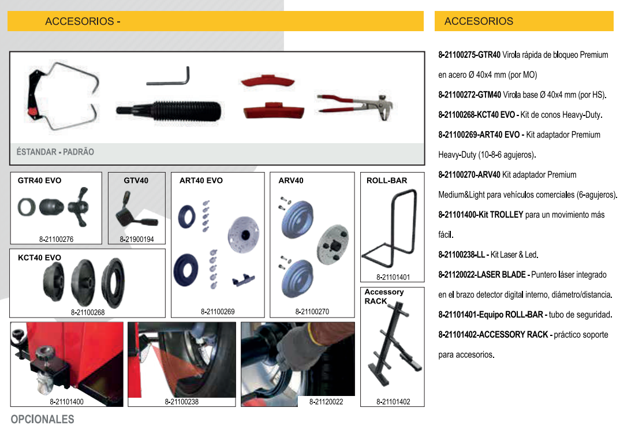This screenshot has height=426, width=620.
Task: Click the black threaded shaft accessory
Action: coord(169,111)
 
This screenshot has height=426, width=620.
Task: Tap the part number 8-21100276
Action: coord(56,240)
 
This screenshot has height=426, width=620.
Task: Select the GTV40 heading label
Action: coord(136,180)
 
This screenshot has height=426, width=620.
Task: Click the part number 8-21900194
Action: coord(137,240)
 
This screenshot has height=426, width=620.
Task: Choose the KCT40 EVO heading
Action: coord(39,257)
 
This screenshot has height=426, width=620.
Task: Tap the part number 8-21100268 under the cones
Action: coord(88,312)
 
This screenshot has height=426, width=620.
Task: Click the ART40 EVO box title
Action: coord(201,180)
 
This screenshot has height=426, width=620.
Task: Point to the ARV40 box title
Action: coord(291,180)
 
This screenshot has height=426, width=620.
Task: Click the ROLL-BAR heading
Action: coord(387,180)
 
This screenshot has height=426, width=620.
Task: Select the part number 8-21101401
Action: coord(393,277)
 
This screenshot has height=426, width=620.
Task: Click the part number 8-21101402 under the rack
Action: coord(393,402)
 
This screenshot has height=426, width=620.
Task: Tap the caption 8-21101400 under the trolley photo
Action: coord(66,402)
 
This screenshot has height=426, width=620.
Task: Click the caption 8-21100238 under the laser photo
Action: coord(181,402)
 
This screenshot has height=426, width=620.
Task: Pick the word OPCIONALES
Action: coord(42,419)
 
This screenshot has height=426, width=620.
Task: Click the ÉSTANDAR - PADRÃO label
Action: coord(55,152)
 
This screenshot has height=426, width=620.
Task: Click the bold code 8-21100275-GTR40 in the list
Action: coord(469,55)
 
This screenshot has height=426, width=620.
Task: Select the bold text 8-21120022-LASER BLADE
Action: coord(482,275)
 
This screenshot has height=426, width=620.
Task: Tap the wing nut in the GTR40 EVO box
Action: coord(79,207)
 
